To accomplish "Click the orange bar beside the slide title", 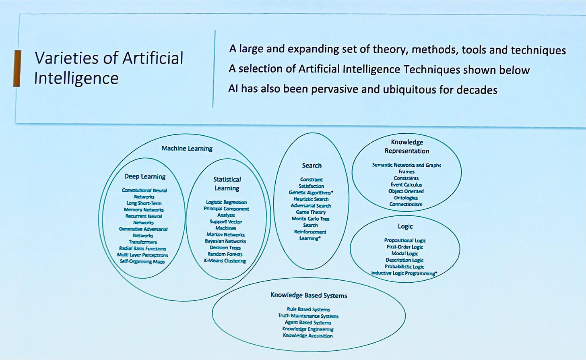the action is [x=17, y=68].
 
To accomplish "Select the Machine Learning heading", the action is [x=187, y=149].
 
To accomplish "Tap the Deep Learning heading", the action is [x=145, y=176].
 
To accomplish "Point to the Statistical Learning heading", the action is [x=227, y=184].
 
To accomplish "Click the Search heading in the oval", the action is [x=312, y=166].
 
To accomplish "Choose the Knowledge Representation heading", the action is [x=407, y=147].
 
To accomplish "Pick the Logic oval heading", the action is [x=405, y=226].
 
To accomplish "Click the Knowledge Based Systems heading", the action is [x=309, y=295].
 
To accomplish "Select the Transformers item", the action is [x=143, y=242].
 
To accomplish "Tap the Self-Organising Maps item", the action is [x=142, y=262].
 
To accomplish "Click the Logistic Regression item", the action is [x=226, y=202].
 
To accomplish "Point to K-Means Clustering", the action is [x=225, y=261].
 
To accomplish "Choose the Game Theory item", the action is [x=311, y=212].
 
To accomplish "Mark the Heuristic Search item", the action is [x=311, y=199].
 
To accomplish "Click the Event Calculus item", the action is [x=406, y=185].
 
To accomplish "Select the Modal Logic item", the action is [x=405, y=254].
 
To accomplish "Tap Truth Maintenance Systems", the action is [x=308, y=316].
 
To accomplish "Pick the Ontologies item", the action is [x=406, y=198].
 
